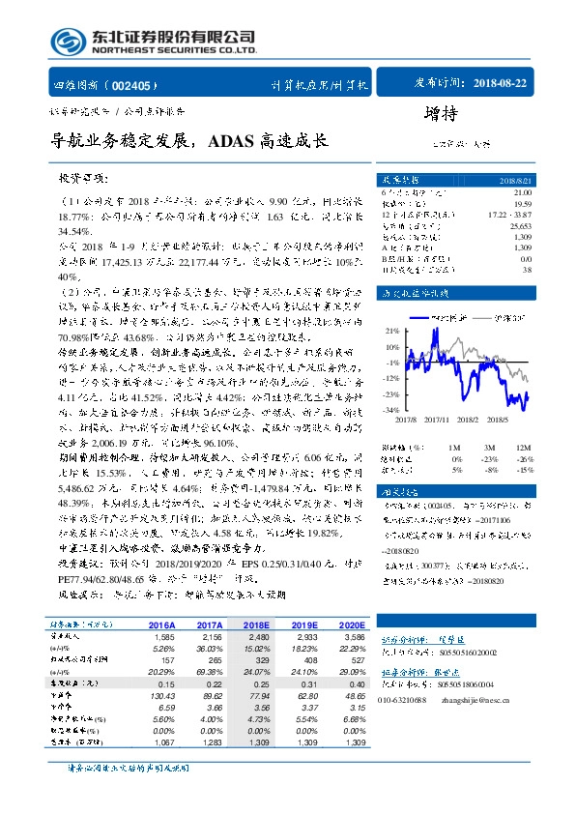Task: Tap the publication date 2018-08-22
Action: pos(503,84)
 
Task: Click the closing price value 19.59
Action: pos(522,204)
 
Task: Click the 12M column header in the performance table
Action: pos(522,449)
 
